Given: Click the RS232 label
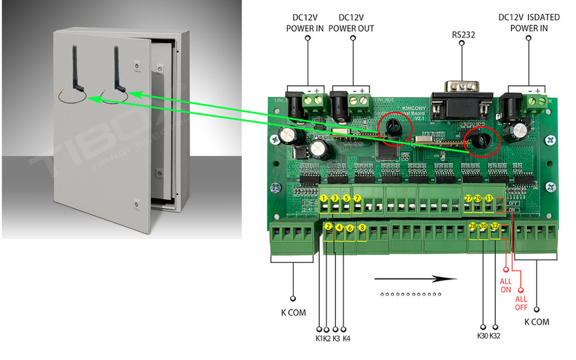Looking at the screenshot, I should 463,34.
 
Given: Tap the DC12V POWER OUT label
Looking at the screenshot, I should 351,23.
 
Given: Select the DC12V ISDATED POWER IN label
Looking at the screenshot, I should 529,23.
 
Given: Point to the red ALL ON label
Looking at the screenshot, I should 506,285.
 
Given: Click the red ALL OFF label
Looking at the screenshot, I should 521,303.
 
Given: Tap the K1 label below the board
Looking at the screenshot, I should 319,338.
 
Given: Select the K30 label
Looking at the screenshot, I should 483,336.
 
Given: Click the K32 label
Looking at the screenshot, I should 495,336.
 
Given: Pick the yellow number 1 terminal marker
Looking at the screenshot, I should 324,199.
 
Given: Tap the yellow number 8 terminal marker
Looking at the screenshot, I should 362,228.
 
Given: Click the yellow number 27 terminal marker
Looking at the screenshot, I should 468,199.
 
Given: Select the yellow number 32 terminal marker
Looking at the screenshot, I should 494,227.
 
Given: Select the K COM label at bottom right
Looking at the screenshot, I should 537,322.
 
